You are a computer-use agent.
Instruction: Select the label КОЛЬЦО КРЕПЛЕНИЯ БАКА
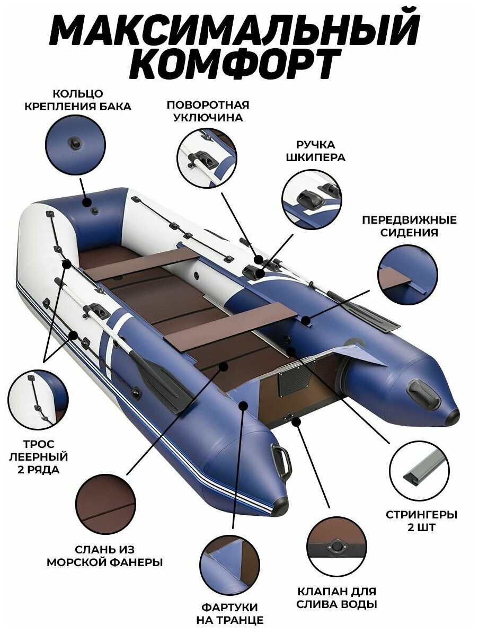click(78, 100)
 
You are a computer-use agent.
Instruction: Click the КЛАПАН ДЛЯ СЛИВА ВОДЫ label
click(338, 597)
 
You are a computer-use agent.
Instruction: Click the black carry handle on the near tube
click(280, 460)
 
